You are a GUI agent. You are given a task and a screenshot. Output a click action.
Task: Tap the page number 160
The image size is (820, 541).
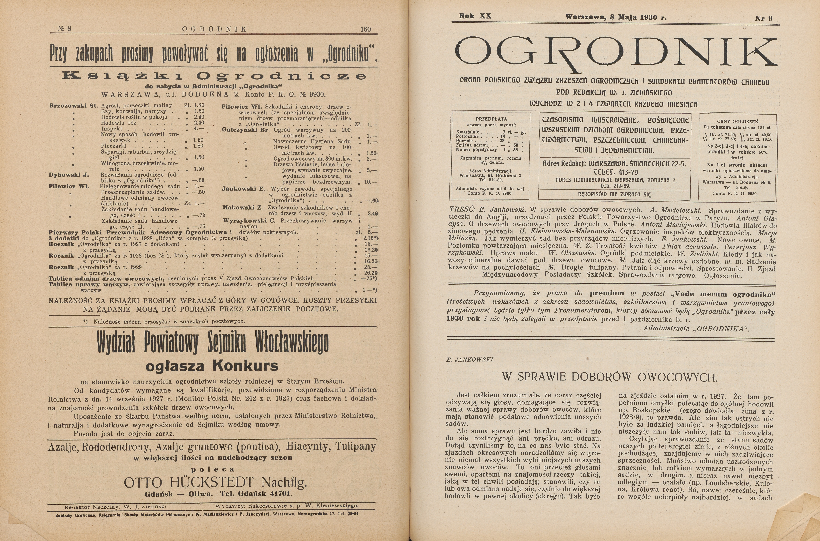pyautogui.click(x=365, y=29)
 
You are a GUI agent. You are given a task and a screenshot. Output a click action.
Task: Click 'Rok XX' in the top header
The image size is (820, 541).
pyautogui.click(x=475, y=16)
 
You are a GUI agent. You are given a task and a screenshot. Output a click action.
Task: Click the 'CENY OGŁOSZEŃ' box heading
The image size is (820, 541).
pyautogui.click(x=737, y=121)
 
